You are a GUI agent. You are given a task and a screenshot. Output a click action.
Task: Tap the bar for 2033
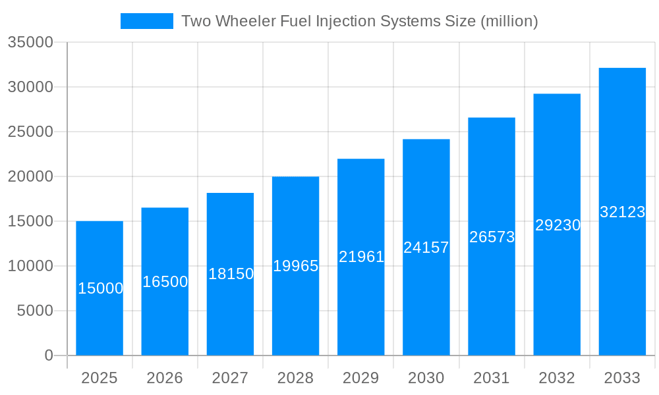point(622,276)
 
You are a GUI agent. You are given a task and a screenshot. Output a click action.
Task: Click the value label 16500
point(165,282)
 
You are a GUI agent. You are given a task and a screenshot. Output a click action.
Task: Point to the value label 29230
point(558,225)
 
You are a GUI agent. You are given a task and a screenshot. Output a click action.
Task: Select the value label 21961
point(361,257)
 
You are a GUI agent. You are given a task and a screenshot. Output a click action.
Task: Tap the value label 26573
point(492,237)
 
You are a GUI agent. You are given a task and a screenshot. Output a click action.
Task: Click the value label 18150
point(231,274)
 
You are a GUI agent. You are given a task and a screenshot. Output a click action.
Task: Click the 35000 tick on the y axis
point(30,42)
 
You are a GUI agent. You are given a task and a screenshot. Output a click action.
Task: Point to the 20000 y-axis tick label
point(30,176)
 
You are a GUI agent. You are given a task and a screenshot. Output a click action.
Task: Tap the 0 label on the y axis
point(49,355)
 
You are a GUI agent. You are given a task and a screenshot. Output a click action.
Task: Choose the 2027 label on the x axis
point(230,378)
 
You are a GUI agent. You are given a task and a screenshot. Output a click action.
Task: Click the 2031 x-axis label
point(492,378)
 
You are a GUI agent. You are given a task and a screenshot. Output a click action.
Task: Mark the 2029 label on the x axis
point(361,378)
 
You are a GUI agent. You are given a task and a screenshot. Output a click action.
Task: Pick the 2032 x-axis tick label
point(557,378)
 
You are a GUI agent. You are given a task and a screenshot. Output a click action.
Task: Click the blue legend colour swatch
point(146,21)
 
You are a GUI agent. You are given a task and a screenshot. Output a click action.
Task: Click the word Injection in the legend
point(341,21)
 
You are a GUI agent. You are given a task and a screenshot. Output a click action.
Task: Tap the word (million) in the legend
point(509,21)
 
